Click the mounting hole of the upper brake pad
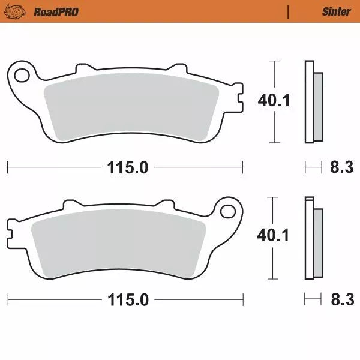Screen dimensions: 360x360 coord(22,76)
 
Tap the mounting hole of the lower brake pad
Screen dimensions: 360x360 coord(227,211)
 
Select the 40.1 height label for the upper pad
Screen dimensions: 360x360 coord(274,100)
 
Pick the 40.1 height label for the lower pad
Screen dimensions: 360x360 coord(274,235)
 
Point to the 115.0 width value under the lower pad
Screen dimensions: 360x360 coord(128,299)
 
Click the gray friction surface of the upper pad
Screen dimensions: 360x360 coord(132,108)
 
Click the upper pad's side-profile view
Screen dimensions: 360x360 coord(313,102)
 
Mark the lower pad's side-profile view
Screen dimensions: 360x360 coord(313,238)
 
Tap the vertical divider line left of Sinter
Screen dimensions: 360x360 coord(289,11)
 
